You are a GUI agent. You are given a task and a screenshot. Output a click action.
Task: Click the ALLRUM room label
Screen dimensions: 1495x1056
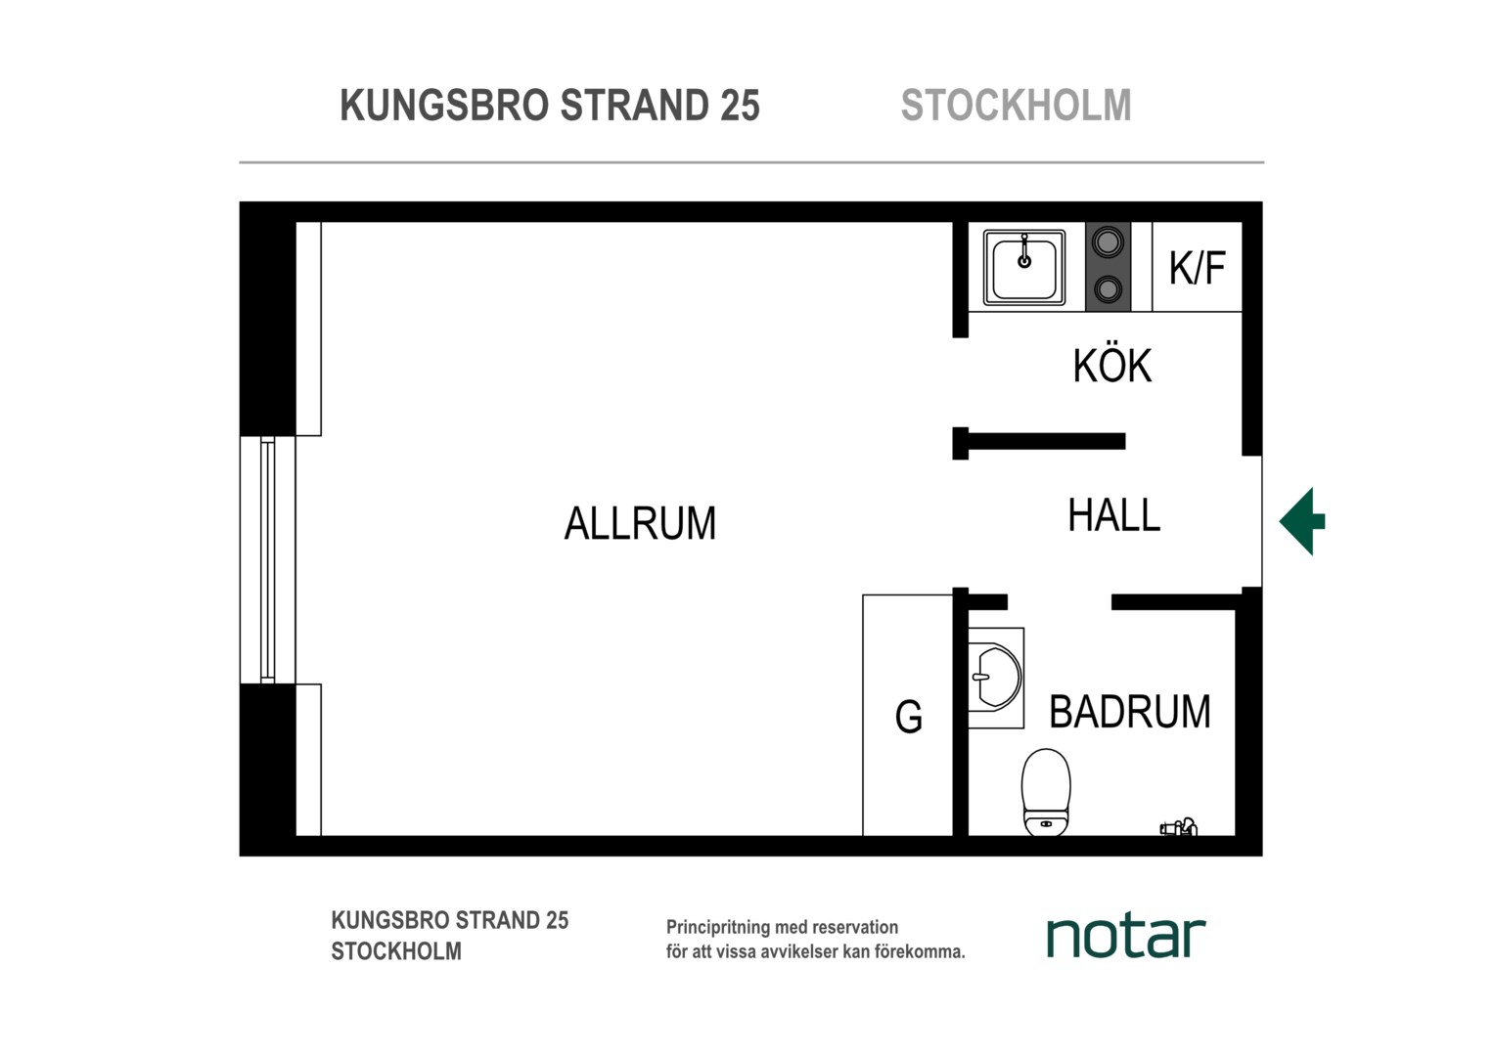640,523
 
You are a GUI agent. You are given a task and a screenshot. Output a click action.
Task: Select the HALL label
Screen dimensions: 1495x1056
1113,515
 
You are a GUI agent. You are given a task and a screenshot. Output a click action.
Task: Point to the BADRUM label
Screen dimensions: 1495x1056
1130,711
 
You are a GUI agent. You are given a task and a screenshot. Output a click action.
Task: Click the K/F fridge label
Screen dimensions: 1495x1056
1198,268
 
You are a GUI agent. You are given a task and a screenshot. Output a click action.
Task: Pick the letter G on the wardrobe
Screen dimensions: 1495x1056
908,717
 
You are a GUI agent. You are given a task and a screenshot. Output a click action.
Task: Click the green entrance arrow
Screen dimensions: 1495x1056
1302,521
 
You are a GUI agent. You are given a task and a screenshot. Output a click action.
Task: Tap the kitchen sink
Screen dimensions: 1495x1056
1023,268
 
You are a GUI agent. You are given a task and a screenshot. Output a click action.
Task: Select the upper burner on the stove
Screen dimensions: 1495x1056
1108,242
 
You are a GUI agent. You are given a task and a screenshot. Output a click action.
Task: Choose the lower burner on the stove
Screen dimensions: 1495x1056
1108,288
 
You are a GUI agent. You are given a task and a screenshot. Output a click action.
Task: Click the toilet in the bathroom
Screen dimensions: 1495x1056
1046,791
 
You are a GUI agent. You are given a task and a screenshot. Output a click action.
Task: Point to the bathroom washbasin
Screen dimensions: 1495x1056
996,677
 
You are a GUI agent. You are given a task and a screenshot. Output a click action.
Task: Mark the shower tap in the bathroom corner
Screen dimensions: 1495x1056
1179,827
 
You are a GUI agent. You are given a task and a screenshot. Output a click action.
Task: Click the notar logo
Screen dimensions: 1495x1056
1126,937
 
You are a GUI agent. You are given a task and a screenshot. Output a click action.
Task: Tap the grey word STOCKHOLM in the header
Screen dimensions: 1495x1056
1016,106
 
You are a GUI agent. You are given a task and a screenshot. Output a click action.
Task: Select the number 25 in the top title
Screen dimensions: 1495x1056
740,106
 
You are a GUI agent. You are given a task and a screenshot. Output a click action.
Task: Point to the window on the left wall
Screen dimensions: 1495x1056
268,559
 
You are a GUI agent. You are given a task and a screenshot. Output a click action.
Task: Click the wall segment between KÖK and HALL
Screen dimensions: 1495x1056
1039,442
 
